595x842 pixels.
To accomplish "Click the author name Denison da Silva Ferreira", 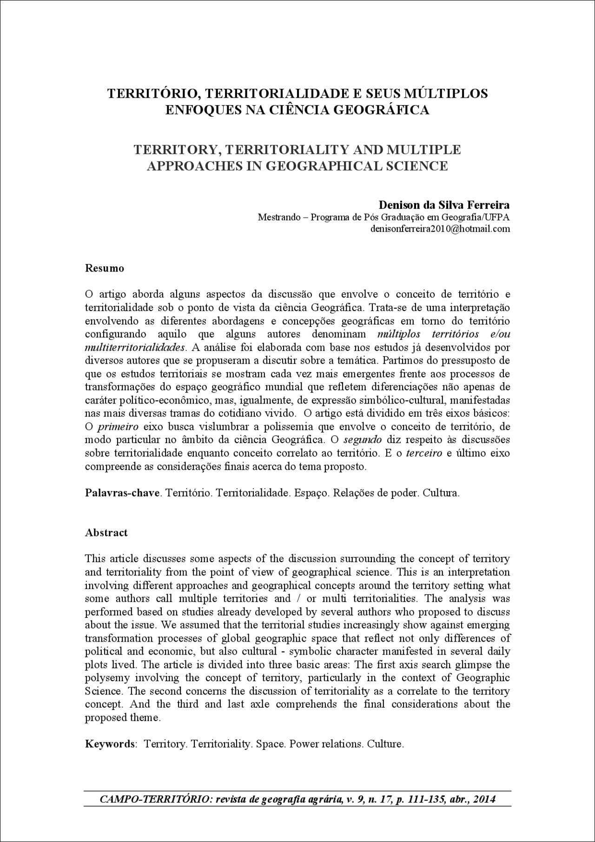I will [x=444, y=205].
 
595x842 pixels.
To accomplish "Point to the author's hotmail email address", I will [x=440, y=229].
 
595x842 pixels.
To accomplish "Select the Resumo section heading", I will [x=105, y=268].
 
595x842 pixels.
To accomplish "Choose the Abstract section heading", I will [x=106, y=533].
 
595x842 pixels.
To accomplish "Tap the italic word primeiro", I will [x=115, y=426].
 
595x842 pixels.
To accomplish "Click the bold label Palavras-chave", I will [x=122, y=493].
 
